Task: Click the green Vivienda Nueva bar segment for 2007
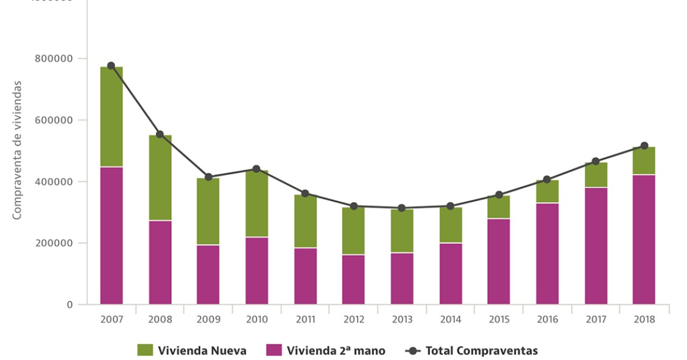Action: click(x=111, y=116)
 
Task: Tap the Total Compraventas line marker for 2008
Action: click(x=160, y=134)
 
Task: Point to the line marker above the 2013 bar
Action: click(x=401, y=208)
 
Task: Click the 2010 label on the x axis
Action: click(x=256, y=320)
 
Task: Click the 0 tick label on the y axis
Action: click(x=69, y=305)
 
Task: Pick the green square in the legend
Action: click(x=145, y=350)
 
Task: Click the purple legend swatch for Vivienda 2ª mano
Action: click(x=274, y=350)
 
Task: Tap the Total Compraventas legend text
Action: click(x=481, y=350)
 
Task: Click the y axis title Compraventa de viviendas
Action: click(x=18, y=149)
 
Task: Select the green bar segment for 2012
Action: click(x=353, y=231)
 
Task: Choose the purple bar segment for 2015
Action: click(x=498, y=261)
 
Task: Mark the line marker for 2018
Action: click(x=644, y=146)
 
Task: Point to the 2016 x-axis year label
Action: click(x=547, y=320)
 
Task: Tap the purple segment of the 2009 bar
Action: click(x=208, y=274)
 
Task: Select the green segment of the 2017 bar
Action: click(x=596, y=175)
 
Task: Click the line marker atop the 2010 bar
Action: click(x=256, y=169)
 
